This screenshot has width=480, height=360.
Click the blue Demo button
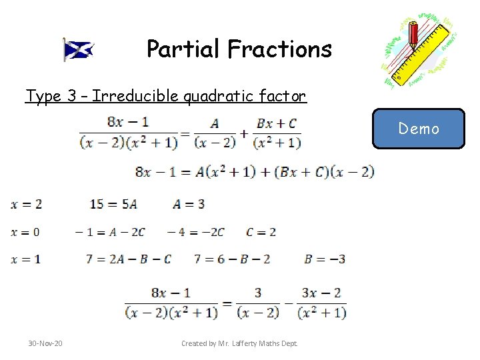(418, 129)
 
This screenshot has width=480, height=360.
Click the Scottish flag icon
(78, 49)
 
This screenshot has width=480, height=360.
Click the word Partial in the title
(183, 49)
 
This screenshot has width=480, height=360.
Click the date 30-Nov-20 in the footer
(45, 343)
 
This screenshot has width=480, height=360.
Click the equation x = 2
(26, 204)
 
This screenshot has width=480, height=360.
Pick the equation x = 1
(26, 259)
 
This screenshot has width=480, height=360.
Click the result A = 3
(189, 204)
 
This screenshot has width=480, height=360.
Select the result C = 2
(261, 232)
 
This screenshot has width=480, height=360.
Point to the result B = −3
(325, 259)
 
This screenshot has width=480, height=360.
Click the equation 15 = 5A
(113, 204)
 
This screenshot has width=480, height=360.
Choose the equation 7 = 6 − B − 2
(232, 259)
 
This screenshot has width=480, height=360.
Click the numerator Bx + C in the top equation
(276, 123)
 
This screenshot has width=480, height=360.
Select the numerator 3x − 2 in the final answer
(322, 293)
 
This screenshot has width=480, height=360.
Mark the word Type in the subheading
(43, 96)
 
